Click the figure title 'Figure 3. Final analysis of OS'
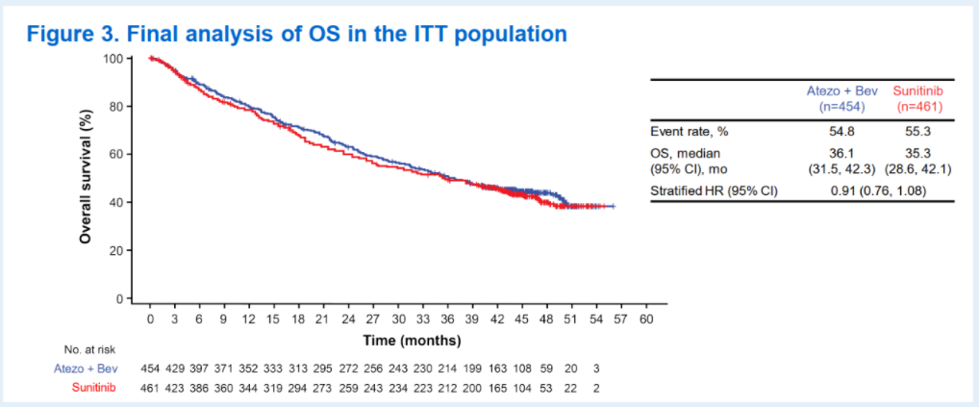coord(296,34)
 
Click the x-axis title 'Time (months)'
coord(412,341)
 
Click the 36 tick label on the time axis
coord(447,319)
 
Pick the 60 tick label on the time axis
coord(646,319)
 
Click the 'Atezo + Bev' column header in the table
coord(835,89)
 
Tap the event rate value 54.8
coord(835,130)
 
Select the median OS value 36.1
coord(835,152)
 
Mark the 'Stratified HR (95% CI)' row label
coord(714,190)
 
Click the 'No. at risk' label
coord(92,349)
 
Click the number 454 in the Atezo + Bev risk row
coord(150,369)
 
